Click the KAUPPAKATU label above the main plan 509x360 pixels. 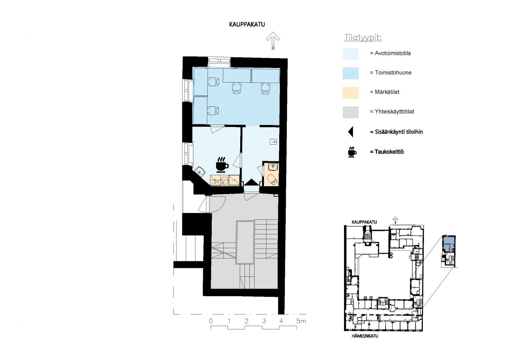247,24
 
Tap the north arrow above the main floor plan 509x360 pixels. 273,40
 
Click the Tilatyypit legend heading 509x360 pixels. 363,37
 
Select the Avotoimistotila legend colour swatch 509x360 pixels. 351,54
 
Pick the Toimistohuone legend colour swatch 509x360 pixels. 351,73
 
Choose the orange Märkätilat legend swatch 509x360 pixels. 351,93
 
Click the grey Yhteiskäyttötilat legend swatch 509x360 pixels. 351,112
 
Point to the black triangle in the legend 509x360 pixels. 351,132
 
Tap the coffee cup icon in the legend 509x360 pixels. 352,152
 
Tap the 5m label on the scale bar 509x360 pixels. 301,321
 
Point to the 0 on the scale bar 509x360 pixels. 211,321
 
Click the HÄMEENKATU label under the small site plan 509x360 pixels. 365,336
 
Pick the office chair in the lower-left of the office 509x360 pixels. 213,111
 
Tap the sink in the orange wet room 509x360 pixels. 273,167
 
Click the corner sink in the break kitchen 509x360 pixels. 41,170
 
